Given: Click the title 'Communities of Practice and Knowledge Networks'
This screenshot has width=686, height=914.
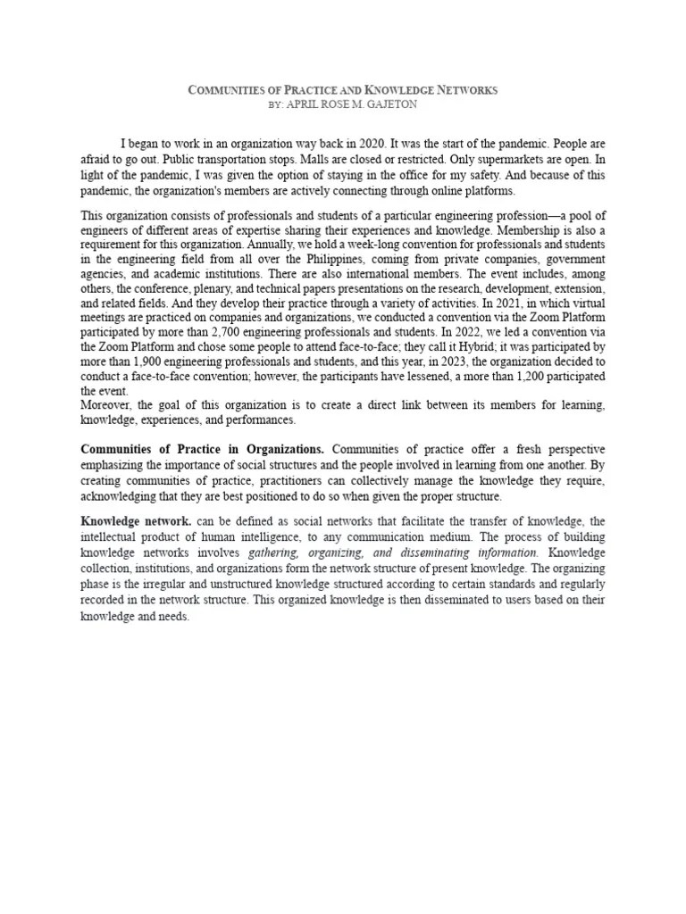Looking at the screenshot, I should [x=343, y=90].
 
